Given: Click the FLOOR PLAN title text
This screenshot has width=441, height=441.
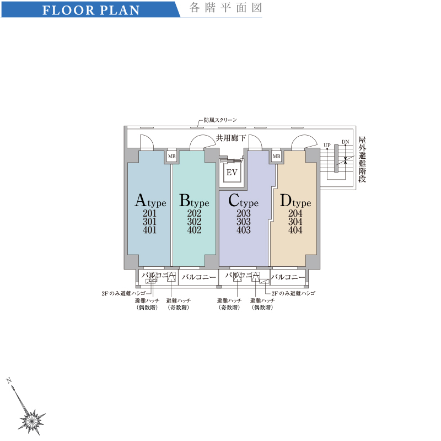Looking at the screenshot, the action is tap(91, 10).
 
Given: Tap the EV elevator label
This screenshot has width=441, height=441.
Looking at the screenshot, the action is tap(232, 173).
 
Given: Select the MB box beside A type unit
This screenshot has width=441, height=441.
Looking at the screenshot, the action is tap(171, 157).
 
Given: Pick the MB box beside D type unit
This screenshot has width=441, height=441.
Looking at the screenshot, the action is tap(276, 157).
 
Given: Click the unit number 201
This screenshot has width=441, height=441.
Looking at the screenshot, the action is tap(149, 213).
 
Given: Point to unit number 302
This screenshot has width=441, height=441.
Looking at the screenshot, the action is tap(195, 222).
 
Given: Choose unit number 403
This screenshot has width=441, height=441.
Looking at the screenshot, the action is tap(244, 230).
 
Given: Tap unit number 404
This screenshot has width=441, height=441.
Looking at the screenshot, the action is tap(295, 230).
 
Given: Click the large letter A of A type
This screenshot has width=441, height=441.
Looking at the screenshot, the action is tap(141, 200).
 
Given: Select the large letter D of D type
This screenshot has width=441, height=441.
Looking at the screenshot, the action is tap(286, 200).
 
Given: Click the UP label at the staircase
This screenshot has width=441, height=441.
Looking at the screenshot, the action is tap(327, 145).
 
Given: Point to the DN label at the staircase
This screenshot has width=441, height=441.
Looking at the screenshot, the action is tap(346, 142).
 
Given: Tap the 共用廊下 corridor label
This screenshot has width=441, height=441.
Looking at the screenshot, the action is tap(231, 138).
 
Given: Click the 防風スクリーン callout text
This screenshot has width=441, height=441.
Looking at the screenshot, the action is tap(220, 120).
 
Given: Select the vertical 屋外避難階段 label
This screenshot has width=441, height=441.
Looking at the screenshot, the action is tap(362, 159).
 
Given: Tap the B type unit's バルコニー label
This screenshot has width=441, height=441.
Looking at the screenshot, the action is tap(198, 277).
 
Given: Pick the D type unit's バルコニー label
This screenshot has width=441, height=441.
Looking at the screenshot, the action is tap(288, 277).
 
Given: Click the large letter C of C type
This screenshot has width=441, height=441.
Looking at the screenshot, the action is tap(234, 200).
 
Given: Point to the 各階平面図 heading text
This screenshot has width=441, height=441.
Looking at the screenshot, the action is tap(226, 8).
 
